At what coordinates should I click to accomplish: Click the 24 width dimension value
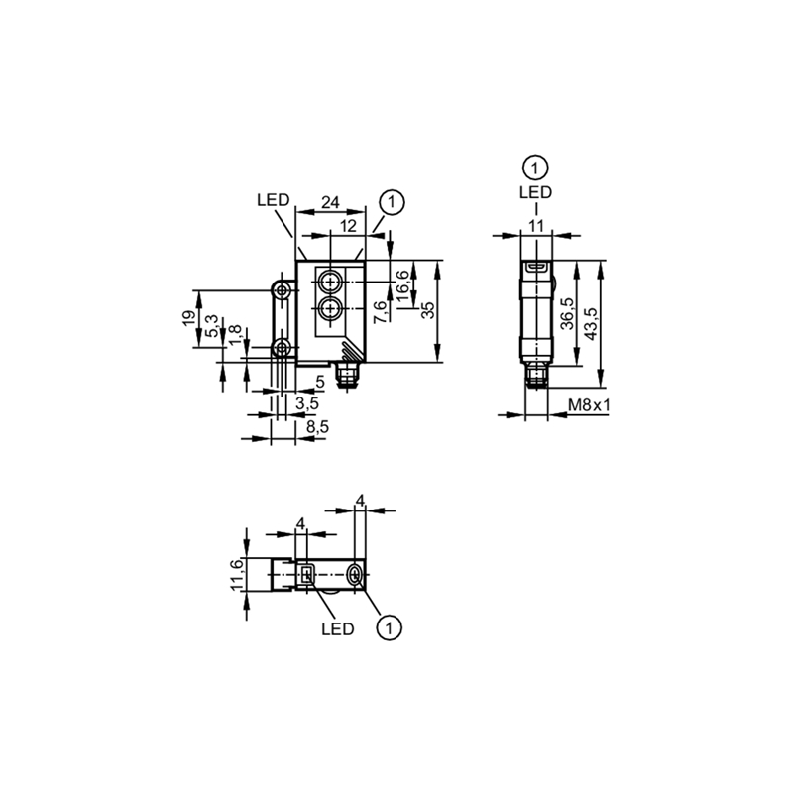(x=330, y=202)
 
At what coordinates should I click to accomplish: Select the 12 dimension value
(x=349, y=226)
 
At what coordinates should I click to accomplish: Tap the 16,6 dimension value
(x=402, y=285)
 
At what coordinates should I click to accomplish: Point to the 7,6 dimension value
(x=382, y=311)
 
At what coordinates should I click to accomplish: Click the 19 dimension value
(x=189, y=318)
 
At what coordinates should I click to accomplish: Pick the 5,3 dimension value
(x=212, y=327)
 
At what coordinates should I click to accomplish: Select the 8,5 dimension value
(x=317, y=427)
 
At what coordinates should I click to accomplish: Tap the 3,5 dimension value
(x=307, y=403)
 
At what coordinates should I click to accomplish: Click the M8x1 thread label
(x=589, y=405)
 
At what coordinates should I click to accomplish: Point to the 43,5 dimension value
(x=590, y=324)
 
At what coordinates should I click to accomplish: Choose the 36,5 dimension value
(x=568, y=313)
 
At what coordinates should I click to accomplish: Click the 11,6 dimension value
(x=237, y=574)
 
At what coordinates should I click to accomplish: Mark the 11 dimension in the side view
(x=536, y=226)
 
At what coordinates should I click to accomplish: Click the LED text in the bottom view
(x=338, y=629)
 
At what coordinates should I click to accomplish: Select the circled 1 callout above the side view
(x=536, y=168)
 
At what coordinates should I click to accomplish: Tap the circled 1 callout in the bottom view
(x=389, y=628)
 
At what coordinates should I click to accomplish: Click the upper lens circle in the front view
(x=330, y=282)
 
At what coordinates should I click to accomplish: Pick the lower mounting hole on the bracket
(x=281, y=348)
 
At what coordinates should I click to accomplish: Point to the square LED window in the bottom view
(x=307, y=575)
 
